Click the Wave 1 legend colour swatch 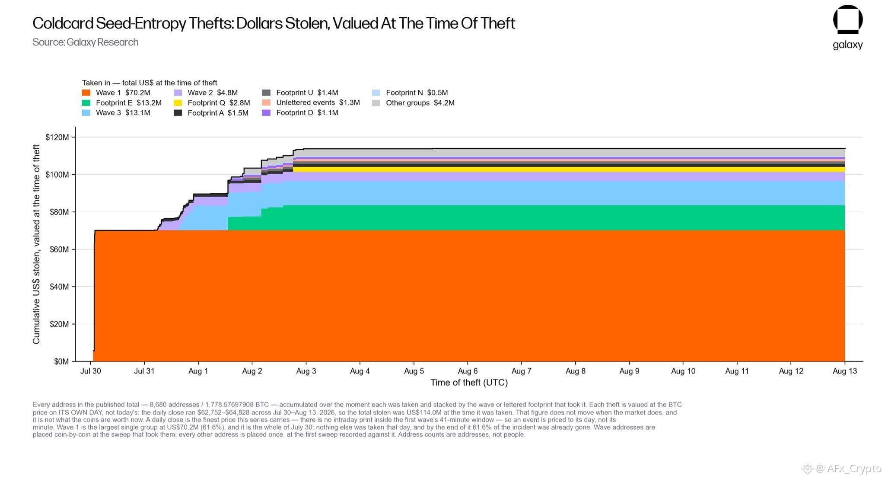86,93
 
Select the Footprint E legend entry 122,103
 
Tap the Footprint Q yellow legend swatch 178,103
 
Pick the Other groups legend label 407,103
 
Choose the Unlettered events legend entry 311,103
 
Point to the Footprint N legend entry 410,93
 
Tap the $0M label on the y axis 61,361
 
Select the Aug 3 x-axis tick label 306,371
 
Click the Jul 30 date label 91,371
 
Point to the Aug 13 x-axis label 845,371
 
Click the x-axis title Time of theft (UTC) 469,383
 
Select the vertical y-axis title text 36,244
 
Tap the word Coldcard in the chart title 63,23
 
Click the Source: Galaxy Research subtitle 86,42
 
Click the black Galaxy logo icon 848,19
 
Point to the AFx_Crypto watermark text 854,468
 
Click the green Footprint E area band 519,218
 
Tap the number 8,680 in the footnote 158,405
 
